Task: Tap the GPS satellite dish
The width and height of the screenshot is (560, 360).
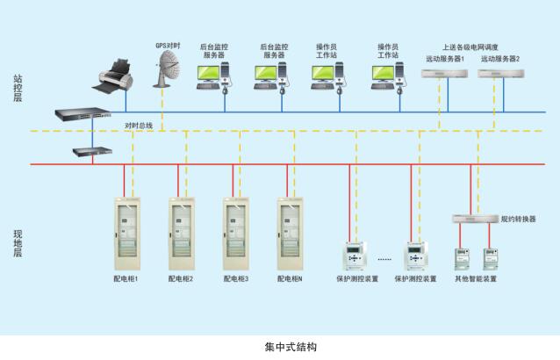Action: (168, 68)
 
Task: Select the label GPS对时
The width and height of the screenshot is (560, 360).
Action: (169, 45)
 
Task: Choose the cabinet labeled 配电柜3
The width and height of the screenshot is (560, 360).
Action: (236, 233)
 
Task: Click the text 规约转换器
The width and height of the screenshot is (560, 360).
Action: (518, 219)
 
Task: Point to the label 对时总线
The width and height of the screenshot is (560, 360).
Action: (139, 126)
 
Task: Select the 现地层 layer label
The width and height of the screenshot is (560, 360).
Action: (18, 242)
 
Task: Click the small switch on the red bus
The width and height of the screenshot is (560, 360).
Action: (93, 152)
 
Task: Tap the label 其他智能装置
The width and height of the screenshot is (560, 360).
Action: (475, 279)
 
